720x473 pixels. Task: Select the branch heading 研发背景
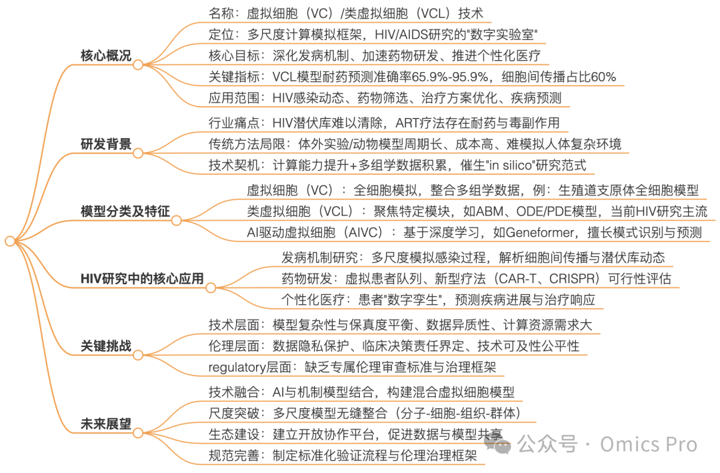(x=105, y=144)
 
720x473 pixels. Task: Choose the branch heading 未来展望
(x=105, y=424)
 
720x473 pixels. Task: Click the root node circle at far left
(x=9, y=241)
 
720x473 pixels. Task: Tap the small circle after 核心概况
(x=138, y=65)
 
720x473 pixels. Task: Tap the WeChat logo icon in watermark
(x=499, y=444)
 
